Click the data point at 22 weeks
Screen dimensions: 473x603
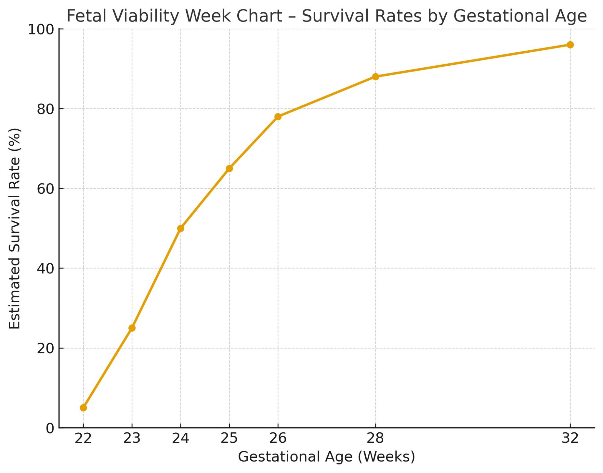pos(83,408)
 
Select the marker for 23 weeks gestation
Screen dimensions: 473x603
pos(132,328)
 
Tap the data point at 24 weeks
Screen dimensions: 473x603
pos(181,228)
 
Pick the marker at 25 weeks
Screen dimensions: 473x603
pos(229,169)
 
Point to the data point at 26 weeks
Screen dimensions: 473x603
pos(278,117)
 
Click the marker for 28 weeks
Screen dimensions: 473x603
pos(375,77)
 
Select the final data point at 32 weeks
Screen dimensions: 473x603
pos(570,45)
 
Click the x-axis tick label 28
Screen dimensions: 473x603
pos(375,439)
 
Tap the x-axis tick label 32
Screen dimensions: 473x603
pos(570,439)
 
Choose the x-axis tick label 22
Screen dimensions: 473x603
pos(83,439)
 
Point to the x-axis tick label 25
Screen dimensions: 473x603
pos(229,439)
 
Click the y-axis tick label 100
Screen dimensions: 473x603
pos(41,30)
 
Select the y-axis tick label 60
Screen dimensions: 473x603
pos(46,189)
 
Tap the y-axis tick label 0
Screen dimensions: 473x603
pos(50,429)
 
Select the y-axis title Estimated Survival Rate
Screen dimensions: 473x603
pos(15,228)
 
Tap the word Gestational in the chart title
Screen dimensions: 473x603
pos(503,16)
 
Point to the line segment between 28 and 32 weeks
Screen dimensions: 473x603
pos(473,61)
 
